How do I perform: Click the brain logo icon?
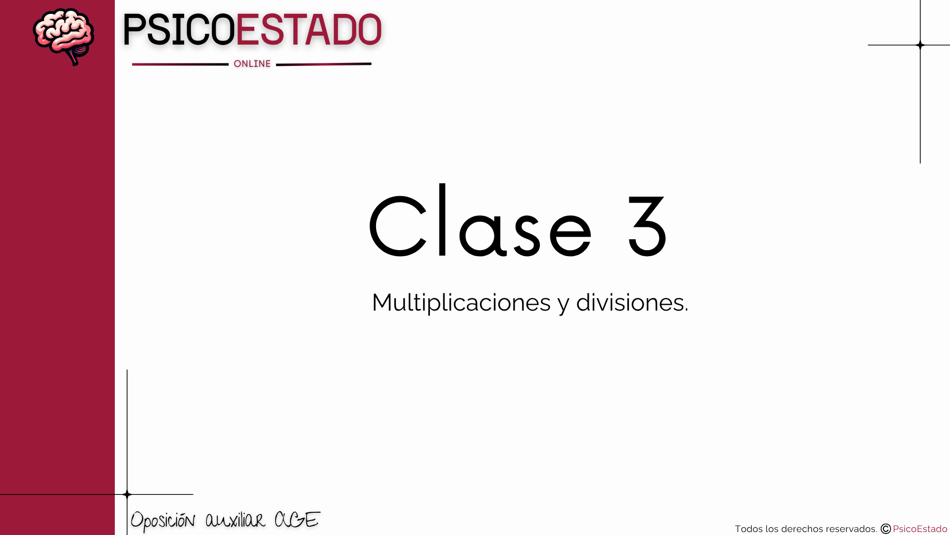(63, 37)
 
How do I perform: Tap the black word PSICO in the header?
(179, 30)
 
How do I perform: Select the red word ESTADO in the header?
(309, 30)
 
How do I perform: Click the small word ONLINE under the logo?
(252, 64)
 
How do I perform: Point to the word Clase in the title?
(481, 221)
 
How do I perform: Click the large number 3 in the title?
(648, 226)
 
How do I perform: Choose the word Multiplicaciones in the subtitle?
(461, 303)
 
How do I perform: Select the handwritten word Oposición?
(163, 521)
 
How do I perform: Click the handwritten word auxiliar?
(236, 520)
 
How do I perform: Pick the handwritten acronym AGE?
(297, 520)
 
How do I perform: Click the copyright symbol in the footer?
(886, 529)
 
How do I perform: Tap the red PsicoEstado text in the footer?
(920, 529)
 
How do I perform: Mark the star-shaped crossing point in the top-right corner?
(920, 45)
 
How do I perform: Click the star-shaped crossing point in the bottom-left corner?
(127, 494)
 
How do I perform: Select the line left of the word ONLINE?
(180, 64)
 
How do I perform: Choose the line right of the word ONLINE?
(324, 64)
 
